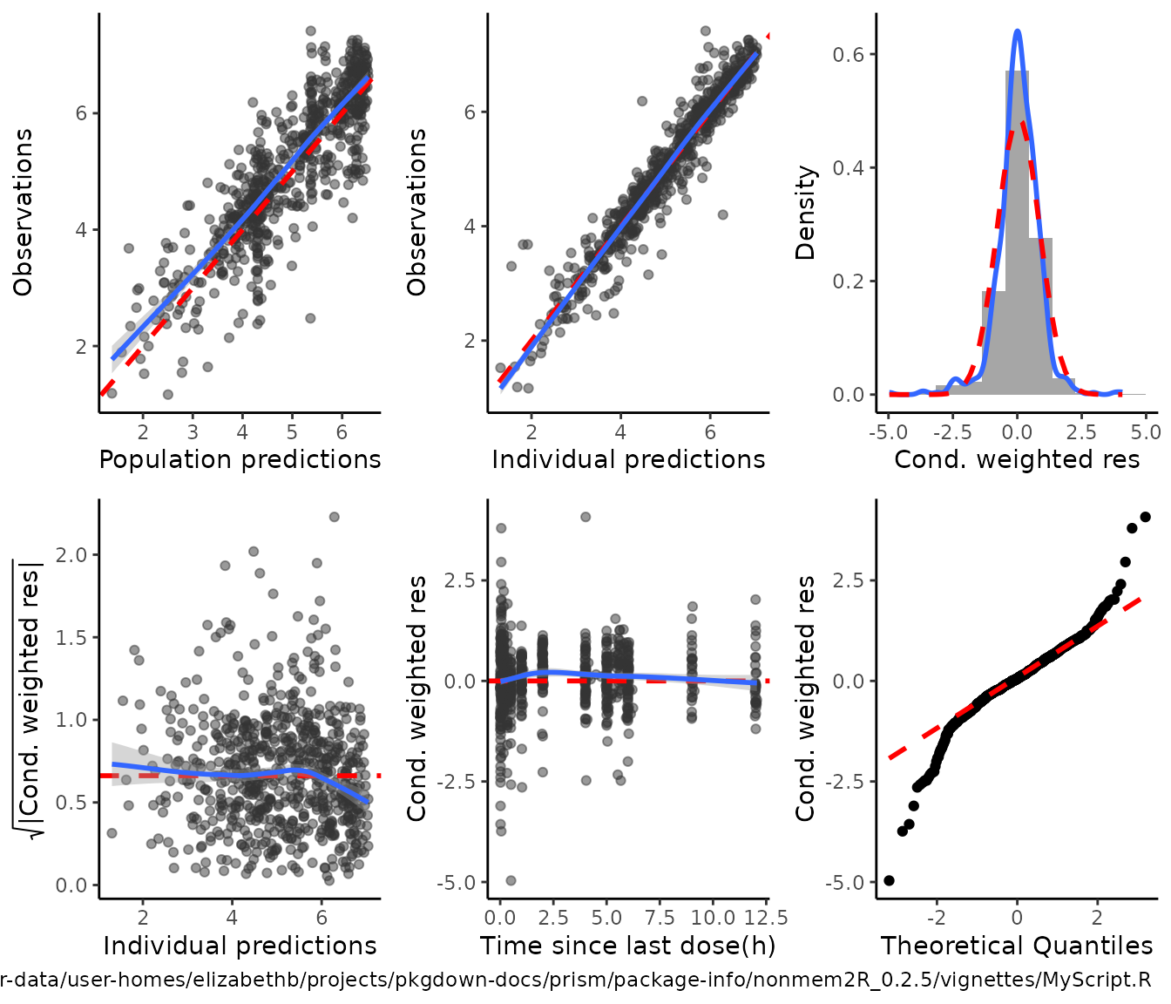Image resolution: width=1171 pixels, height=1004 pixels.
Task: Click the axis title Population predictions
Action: pos(240,459)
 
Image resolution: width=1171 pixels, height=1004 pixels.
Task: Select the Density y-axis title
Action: pos(806,213)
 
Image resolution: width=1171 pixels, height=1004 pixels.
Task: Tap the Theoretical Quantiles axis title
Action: pos(1016,946)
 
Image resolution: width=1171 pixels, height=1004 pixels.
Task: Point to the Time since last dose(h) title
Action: pos(627,946)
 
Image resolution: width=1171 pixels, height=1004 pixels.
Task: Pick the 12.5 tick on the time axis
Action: pos(767,918)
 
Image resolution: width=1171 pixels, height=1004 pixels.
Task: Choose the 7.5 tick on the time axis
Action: pos(660,918)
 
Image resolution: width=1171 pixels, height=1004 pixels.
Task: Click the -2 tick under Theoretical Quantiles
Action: pos(936,918)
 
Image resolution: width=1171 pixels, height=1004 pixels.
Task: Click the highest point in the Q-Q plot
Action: pos(1145,517)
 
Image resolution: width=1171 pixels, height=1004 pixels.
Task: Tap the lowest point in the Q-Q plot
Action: pos(889,880)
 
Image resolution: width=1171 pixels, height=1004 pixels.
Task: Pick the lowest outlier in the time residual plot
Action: pos(511,880)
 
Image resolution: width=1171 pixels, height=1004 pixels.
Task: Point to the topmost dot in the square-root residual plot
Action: pos(334,517)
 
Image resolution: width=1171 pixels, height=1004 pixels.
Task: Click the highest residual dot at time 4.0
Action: pos(585,517)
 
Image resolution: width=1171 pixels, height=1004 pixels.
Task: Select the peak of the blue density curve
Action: pos(1017,31)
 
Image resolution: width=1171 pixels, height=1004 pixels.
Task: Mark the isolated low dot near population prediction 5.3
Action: pos(310,318)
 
